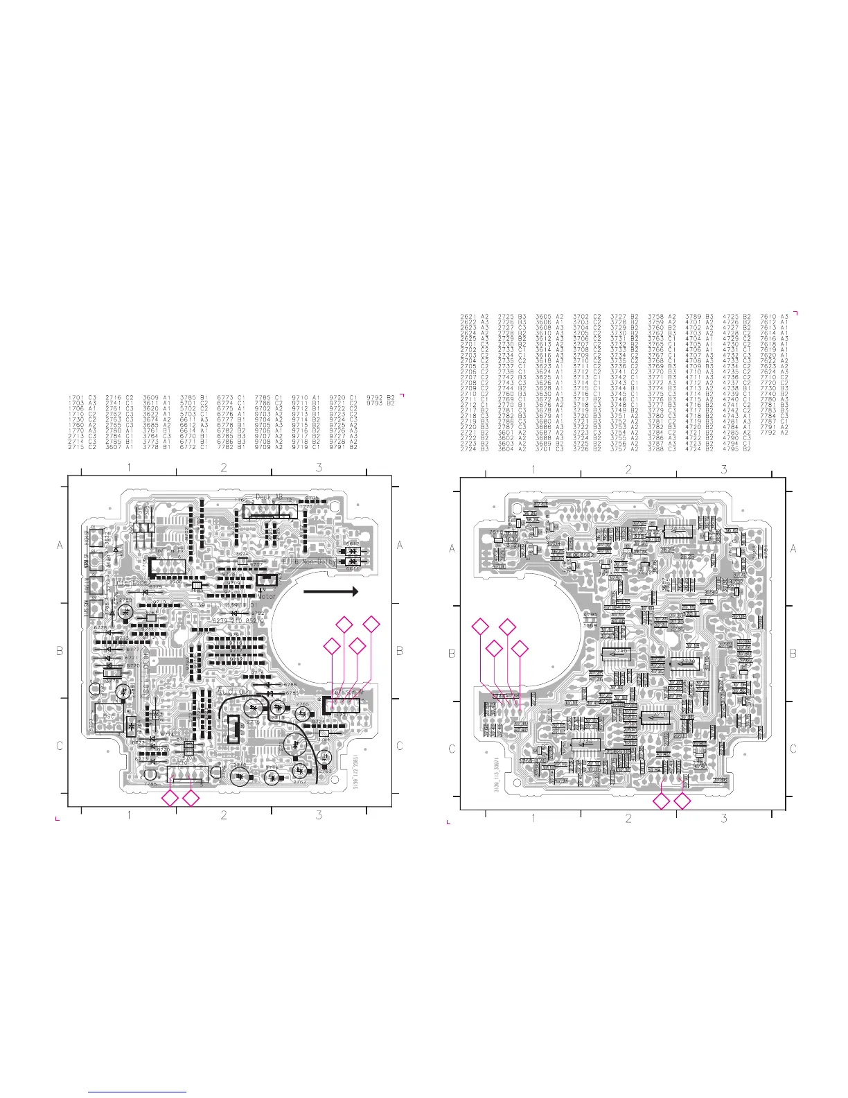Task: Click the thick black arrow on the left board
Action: pyautogui.click(x=330, y=591)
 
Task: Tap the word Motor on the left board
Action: pyautogui.click(x=267, y=596)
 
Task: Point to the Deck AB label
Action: pyautogui.click(x=270, y=497)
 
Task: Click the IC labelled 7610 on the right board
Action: pyautogui.click(x=679, y=530)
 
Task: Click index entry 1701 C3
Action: pyautogui.click(x=82, y=398)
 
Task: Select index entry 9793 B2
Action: pyautogui.click(x=381, y=403)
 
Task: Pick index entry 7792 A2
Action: pyautogui.click(x=775, y=433)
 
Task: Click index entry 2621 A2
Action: pyautogui.click(x=475, y=317)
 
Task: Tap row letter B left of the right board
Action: pyautogui.click(x=452, y=654)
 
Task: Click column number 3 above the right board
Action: pyautogui.click(x=724, y=470)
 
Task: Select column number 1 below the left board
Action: pyautogui.click(x=129, y=815)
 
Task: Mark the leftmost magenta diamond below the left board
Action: pyautogui.click(x=169, y=800)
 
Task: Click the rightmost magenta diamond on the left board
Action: pyautogui.click(x=372, y=624)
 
